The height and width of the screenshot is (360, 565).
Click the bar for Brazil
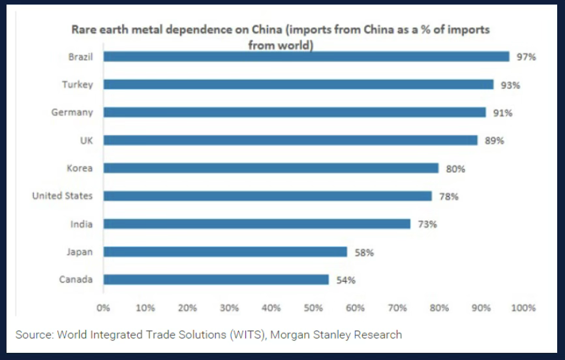(x=306, y=57)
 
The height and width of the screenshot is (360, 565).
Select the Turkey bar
(x=298, y=84)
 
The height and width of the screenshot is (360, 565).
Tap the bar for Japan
(x=225, y=252)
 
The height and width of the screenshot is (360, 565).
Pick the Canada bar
(x=216, y=279)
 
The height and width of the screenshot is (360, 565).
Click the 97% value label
(x=526, y=57)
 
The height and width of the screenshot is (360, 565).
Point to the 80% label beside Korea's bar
(x=455, y=169)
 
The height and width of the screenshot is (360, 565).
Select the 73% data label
(x=427, y=224)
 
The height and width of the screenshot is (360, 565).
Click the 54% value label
(x=346, y=280)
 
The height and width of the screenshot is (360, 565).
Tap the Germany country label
(x=72, y=112)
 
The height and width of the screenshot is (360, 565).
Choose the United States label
(x=63, y=196)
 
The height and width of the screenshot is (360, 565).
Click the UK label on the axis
(x=85, y=140)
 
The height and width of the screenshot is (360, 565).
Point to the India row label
(x=82, y=224)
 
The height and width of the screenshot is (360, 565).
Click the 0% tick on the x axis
(x=103, y=308)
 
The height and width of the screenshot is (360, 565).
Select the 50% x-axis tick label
(x=314, y=308)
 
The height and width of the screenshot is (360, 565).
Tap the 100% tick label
(x=524, y=308)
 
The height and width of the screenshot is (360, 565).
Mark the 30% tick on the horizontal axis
(x=229, y=308)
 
